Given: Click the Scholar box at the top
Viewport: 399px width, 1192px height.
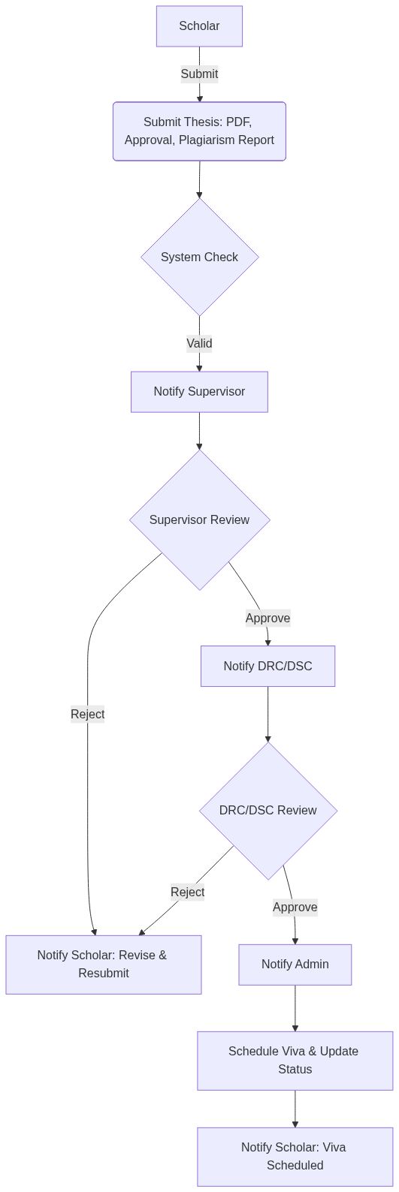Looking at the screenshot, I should [x=199, y=26].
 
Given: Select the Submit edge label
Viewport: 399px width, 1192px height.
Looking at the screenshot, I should [x=199, y=74].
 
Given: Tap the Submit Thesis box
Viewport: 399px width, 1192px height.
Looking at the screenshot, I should [x=199, y=131].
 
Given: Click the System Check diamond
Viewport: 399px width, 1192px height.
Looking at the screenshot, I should [x=199, y=257].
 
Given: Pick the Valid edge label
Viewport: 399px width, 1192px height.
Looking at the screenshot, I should [x=199, y=343].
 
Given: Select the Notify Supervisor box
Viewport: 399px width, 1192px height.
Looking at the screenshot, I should [x=199, y=391].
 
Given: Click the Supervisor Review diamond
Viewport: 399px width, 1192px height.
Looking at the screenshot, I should [x=199, y=519].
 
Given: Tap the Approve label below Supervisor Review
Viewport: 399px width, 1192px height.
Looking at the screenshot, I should [x=268, y=618].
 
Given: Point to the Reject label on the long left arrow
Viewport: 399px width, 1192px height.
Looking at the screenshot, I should [x=88, y=714].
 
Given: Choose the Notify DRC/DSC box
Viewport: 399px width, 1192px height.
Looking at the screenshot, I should [x=268, y=666].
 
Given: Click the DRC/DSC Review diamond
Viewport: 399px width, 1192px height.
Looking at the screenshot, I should [x=268, y=810].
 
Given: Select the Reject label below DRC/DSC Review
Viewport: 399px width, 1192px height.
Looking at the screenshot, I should [x=187, y=892].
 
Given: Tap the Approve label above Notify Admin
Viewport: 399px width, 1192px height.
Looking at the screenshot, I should [x=295, y=907].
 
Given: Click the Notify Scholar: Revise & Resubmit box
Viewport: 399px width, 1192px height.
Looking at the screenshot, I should [x=103, y=964].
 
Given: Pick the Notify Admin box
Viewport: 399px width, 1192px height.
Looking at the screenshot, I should [x=295, y=964].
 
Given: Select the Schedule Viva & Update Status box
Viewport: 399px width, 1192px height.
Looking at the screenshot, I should [x=295, y=1060].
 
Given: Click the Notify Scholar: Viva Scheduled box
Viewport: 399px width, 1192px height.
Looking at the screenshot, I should [x=295, y=1156].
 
